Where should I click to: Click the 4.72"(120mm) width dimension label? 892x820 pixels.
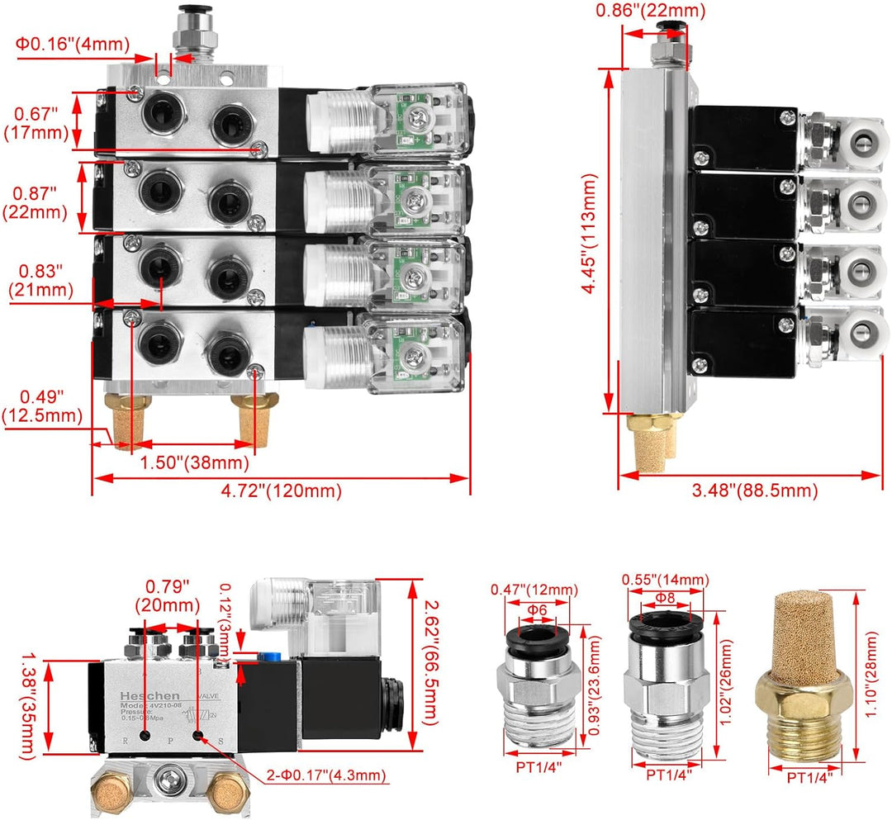click(x=281, y=491)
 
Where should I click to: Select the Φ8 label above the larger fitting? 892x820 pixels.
click(x=665, y=597)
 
